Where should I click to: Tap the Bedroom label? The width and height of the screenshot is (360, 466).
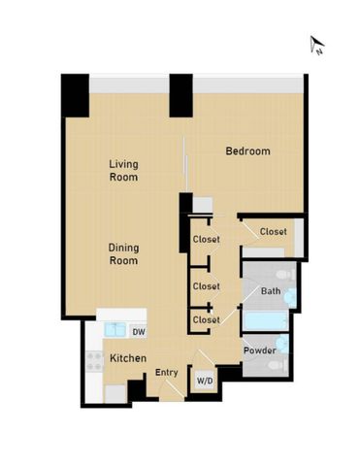(x=247, y=151)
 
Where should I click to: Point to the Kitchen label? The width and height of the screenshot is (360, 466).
(x=128, y=359)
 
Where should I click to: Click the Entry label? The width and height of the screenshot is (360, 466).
(x=167, y=372)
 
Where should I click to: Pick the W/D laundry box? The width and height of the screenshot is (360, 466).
(x=206, y=380)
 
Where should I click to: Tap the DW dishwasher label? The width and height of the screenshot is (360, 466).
(x=138, y=332)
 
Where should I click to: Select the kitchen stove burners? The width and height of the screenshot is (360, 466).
(x=96, y=360)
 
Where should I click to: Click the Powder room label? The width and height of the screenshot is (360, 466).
(x=259, y=349)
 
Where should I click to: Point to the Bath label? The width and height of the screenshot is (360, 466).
(x=271, y=291)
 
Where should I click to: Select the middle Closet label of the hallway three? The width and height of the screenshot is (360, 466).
(x=206, y=286)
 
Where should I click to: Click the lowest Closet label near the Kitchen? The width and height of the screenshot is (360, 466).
(x=206, y=319)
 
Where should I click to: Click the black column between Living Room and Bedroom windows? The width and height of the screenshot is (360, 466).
(x=180, y=95)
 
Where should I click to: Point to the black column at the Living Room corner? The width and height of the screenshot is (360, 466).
(x=75, y=95)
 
